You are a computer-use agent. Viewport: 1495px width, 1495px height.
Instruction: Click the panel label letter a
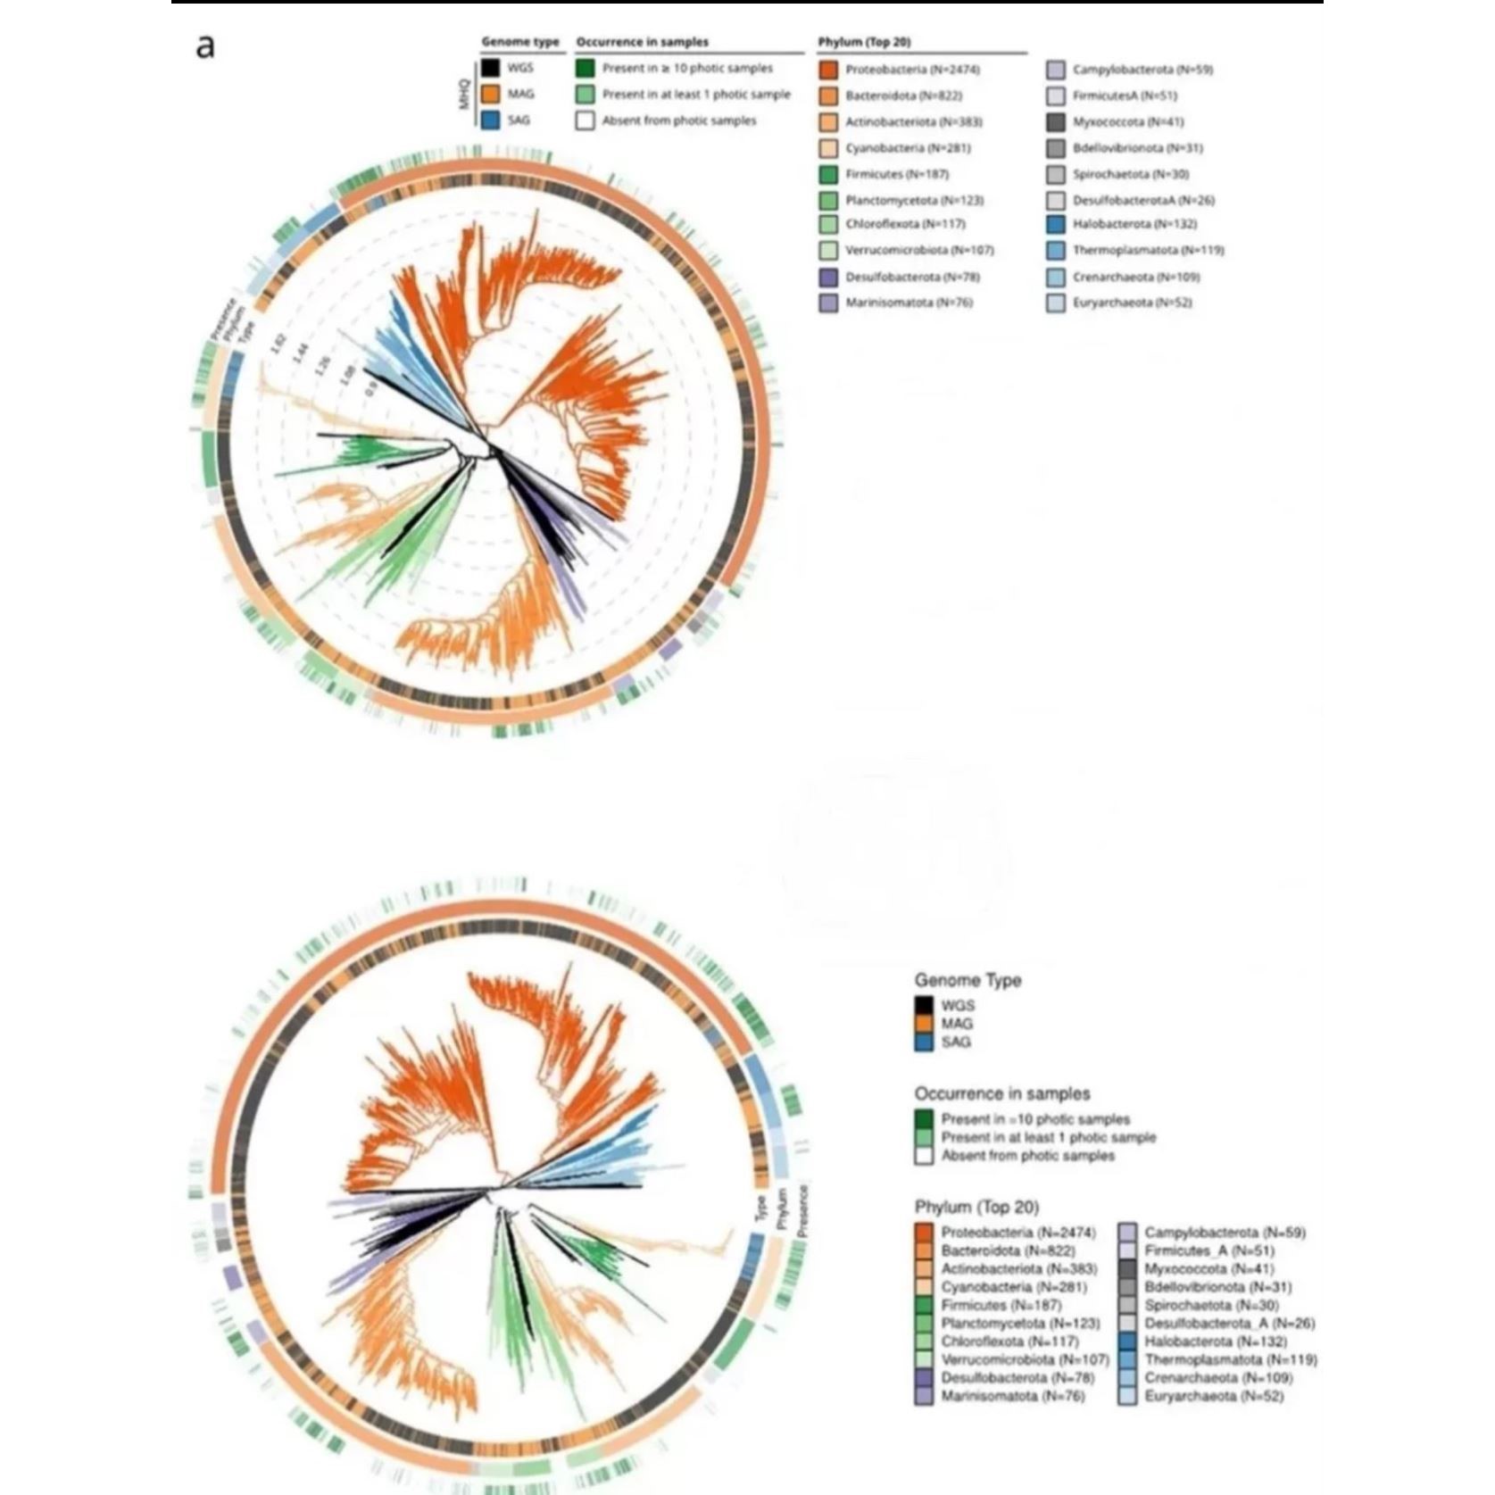pos(205,46)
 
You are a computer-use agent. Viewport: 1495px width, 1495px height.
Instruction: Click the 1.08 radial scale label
pos(347,376)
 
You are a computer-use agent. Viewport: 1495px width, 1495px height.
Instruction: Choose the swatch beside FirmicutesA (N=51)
pos(1056,96)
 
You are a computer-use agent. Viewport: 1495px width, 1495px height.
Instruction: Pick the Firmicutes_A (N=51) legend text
pos(1209,1250)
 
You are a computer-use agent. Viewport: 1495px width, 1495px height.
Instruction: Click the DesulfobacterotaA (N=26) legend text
pos(1143,201)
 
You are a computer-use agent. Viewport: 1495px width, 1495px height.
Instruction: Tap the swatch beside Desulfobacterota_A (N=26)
pos(1127,1323)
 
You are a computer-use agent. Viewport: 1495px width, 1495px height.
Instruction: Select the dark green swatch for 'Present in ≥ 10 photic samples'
pos(585,69)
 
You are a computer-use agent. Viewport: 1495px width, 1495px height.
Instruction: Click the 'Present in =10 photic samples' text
pos(1035,1119)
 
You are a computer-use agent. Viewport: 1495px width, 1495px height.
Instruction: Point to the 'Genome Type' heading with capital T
pos(968,980)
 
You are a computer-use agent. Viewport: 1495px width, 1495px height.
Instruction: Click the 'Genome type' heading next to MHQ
pos(520,42)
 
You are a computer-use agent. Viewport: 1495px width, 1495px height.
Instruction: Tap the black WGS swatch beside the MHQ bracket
pos(490,69)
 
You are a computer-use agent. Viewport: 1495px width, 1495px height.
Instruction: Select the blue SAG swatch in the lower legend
pos(924,1042)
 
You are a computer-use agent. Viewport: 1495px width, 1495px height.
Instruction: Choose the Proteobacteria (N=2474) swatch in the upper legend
pos(828,70)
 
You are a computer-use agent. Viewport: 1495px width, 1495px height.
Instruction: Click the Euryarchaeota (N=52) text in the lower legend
pos(1214,1396)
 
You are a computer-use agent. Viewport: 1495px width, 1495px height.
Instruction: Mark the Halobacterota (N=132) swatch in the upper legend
pos(1056,225)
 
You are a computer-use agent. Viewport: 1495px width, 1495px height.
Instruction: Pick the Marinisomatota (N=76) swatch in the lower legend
pos(924,1396)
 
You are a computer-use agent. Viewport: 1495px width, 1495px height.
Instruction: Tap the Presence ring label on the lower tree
pos(802,1210)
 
